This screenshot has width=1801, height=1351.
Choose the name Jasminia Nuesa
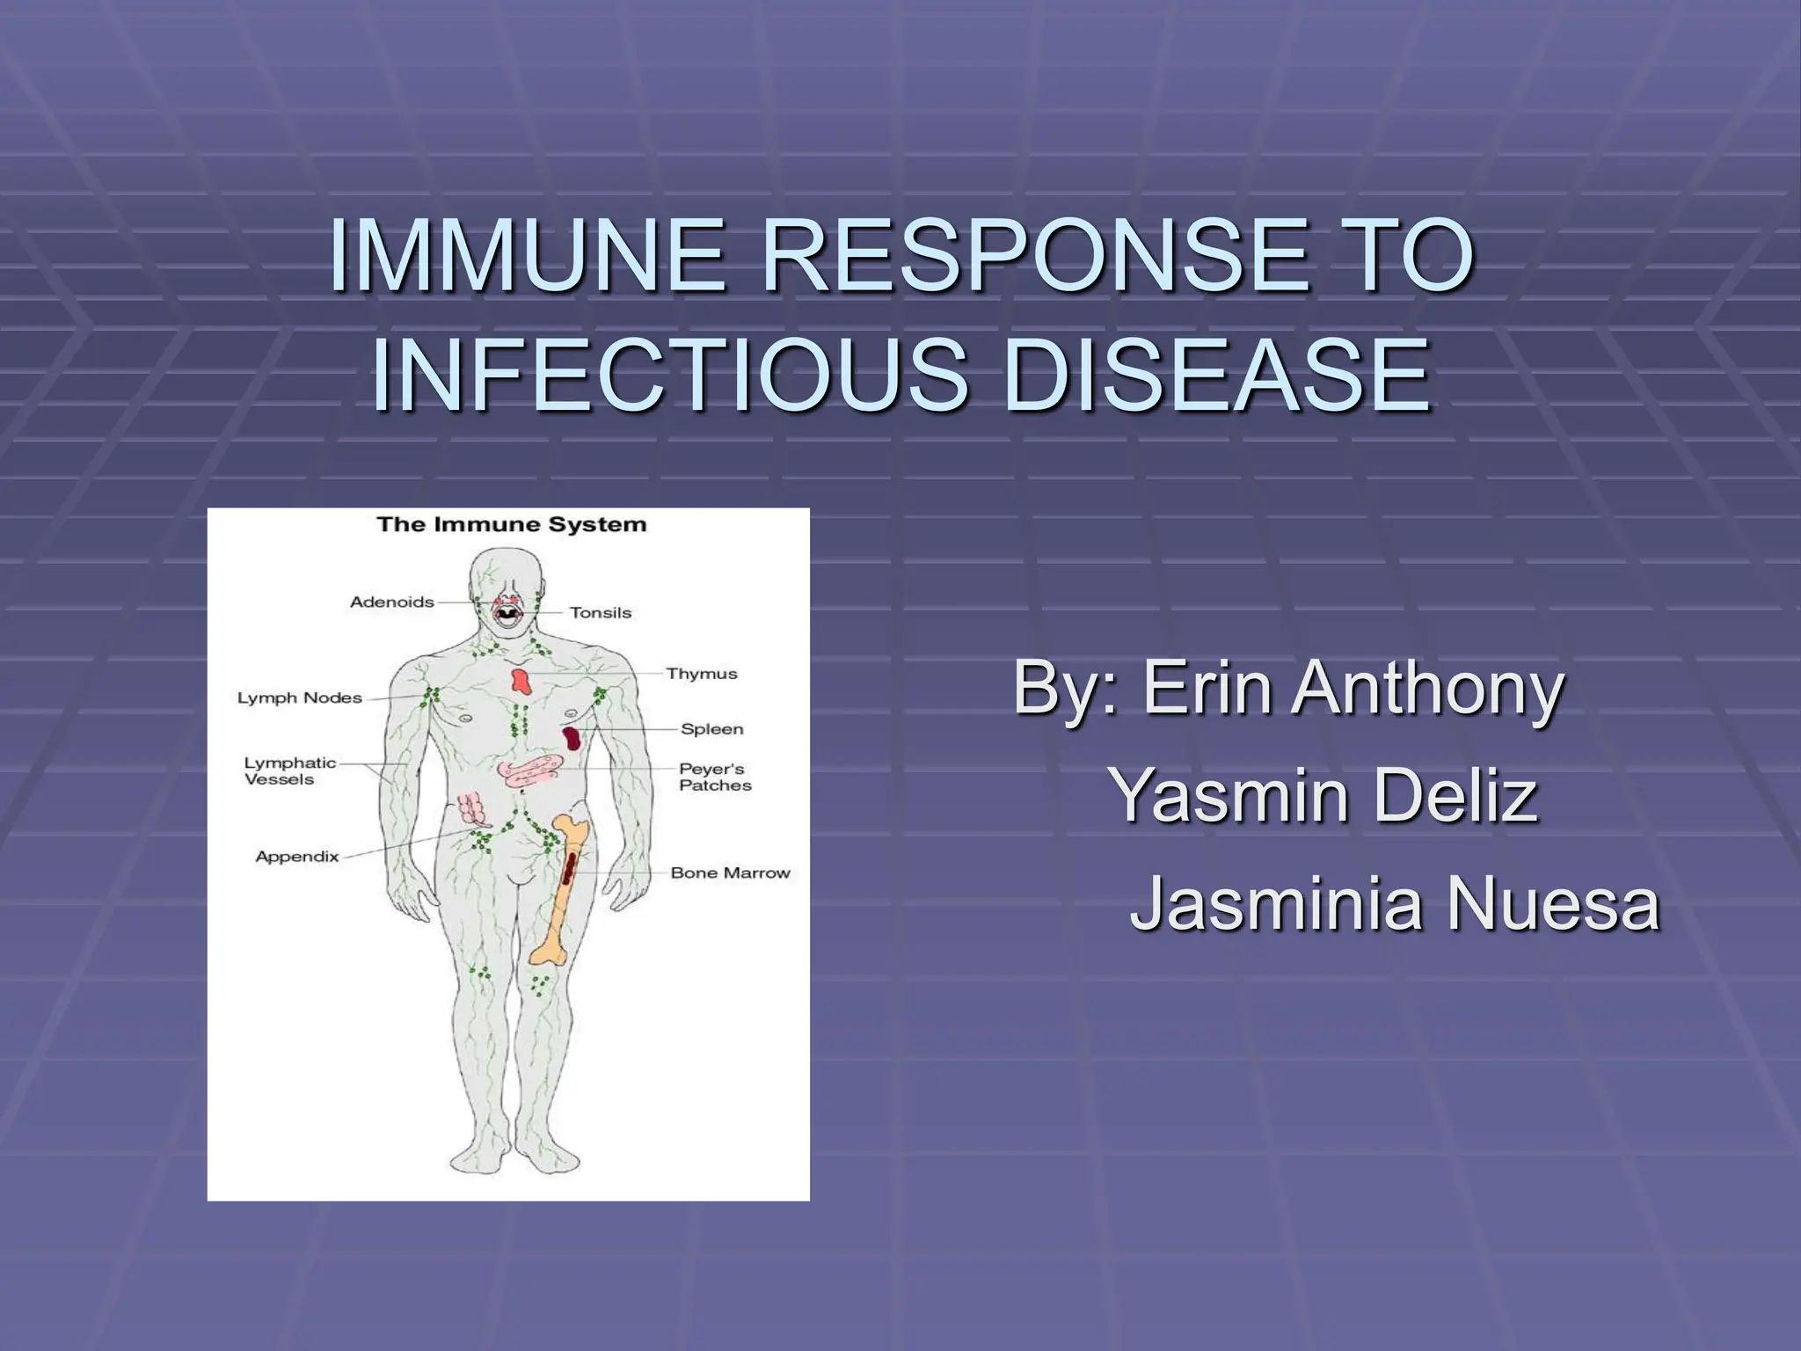pyautogui.click(x=1395, y=903)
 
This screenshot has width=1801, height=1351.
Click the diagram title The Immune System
pyautogui.click(x=511, y=525)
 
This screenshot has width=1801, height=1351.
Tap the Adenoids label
pyautogui.click(x=392, y=602)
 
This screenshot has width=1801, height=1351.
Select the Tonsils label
pyautogui.click(x=601, y=613)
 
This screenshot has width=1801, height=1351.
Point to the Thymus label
pyautogui.click(x=702, y=675)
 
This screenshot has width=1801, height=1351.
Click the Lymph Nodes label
pyautogui.click(x=300, y=698)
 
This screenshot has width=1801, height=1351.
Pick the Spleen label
pyautogui.click(x=712, y=729)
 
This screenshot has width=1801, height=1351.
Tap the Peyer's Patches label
pyautogui.click(x=715, y=778)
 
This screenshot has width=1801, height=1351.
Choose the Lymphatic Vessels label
pyautogui.click(x=289, y=771)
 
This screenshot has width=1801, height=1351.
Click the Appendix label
pyautogui.click(x=297, y=857)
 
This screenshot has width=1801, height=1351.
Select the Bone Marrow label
pyautogui.click(x=730, y=873)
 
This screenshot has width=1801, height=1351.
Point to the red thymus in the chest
pyautogui.click(x=521, y=681)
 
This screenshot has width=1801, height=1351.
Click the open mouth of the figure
pyautogui.click(x=507, y=614)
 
